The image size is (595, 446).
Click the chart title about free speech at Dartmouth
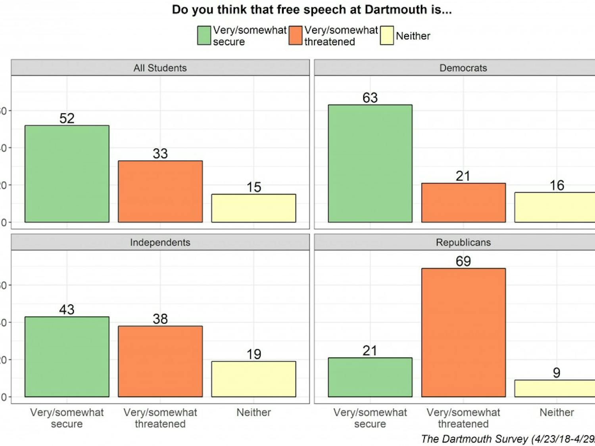point(311,10)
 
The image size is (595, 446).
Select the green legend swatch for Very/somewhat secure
point(204,36)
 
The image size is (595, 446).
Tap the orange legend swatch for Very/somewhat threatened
point(296,36)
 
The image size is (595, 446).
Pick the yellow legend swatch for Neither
point(387,36)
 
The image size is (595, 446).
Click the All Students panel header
point(160,68)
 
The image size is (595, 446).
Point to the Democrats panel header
point(463,68)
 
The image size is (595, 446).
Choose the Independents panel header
point(160,242)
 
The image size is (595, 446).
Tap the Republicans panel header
point(463,242)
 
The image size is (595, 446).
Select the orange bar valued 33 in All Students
point(160,191)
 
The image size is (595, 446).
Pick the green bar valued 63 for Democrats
point(370,163)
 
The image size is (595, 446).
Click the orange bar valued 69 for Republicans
point(463,333)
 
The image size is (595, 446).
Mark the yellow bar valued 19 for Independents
point(253,379)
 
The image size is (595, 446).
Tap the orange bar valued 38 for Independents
point(160,361)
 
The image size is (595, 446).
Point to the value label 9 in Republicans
point(557,373)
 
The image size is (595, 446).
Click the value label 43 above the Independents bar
point(67,310)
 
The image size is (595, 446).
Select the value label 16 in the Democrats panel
point(557,185)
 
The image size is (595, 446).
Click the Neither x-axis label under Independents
point(253,412)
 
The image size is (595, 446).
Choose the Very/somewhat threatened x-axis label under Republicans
point(463,418)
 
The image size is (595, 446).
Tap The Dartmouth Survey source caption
point(508,439)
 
